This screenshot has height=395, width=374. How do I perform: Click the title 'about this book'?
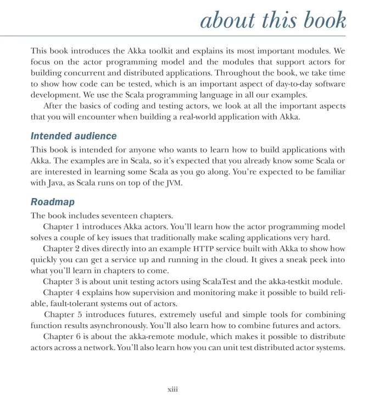(x=273, y=21)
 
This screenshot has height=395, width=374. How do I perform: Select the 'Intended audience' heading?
(x=74, y=136)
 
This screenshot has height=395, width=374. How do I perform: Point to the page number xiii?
(x=173, y=389)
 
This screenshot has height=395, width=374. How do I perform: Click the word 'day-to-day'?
(x=286, y=83)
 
